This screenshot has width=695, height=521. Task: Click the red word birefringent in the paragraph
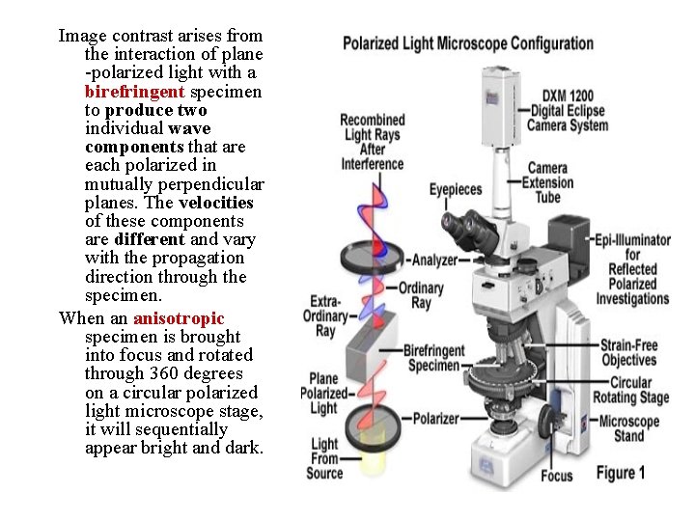(134, 92)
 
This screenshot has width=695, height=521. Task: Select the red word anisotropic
(179, 318)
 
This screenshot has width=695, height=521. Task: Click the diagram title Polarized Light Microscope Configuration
(468, 43)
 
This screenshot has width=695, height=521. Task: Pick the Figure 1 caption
(621, 473)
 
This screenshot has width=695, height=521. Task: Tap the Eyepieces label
(456, 190)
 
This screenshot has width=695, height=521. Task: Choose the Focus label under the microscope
(557, 475)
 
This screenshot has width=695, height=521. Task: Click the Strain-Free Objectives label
(627, 352)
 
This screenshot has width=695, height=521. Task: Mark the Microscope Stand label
(628, 428)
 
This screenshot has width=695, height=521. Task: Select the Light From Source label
(324, 458)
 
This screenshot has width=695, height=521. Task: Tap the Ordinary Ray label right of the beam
(421, 295)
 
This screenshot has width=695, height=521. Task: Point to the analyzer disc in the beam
(372, 259)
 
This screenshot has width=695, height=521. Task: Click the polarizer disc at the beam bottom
(371, 422)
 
